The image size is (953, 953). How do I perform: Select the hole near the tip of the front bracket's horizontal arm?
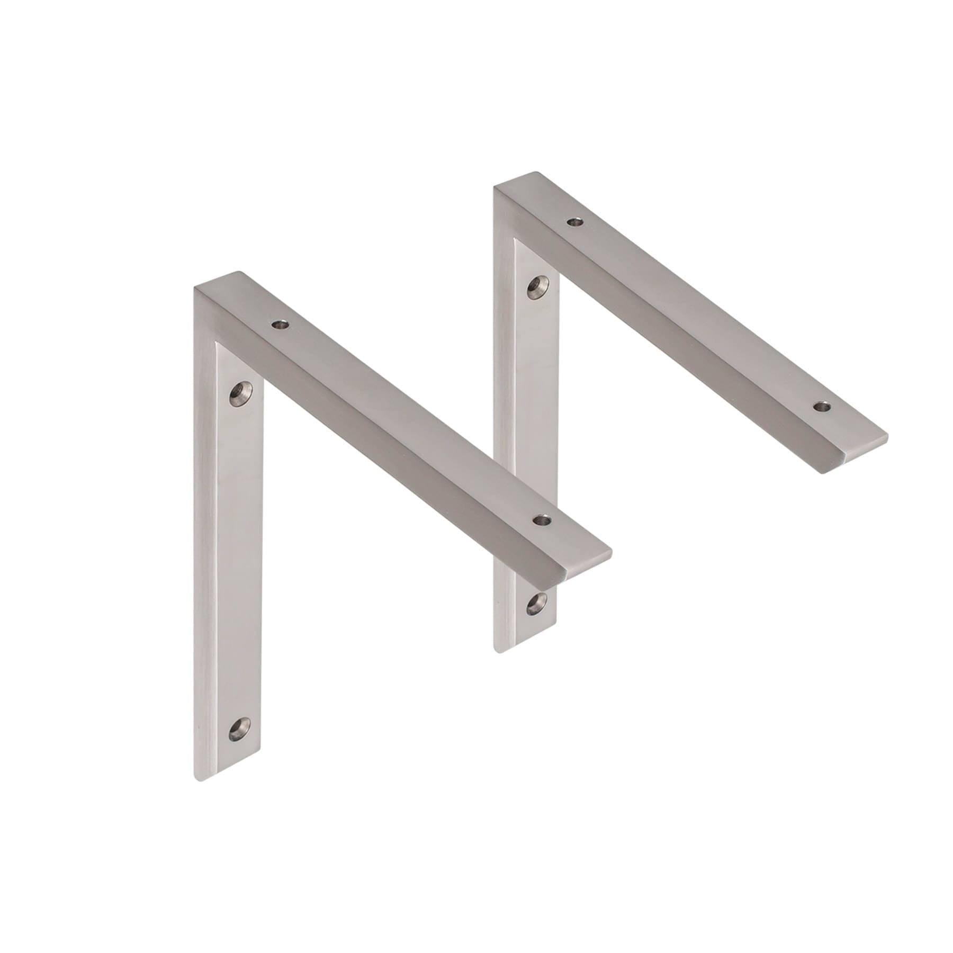pos(541,520)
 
